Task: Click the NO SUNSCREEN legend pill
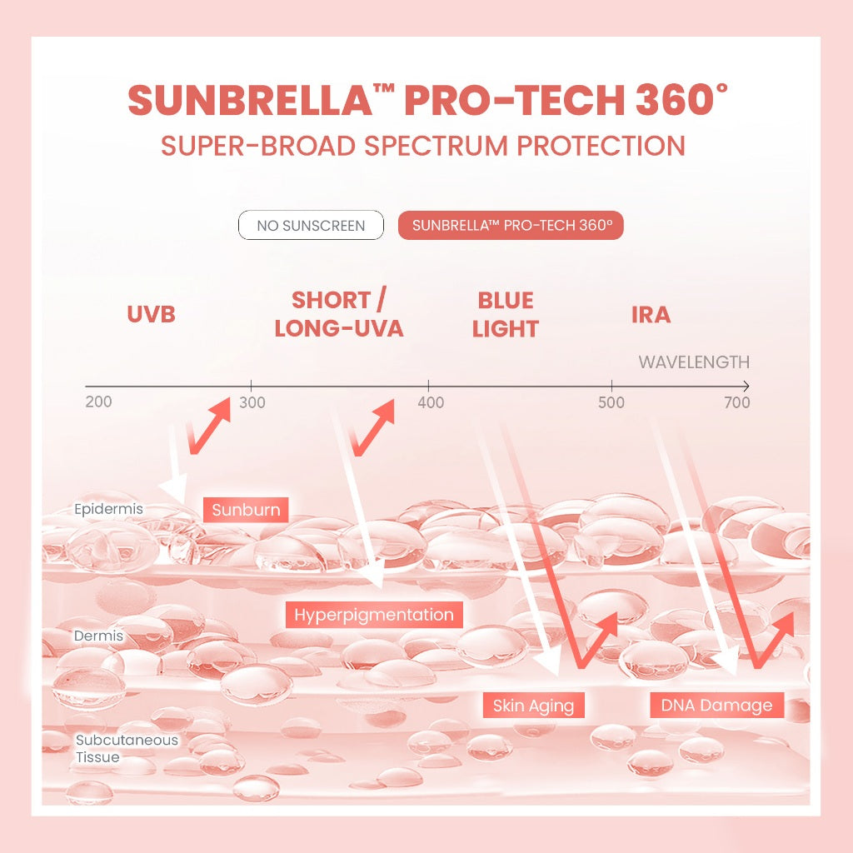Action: coord(311,226)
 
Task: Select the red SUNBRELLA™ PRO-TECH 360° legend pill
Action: coord(511,226)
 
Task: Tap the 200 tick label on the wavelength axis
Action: coord(98,402)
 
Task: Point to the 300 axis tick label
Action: coord(252,403)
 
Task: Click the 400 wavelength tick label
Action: coord(431,403)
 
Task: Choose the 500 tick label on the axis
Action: coord(611,403)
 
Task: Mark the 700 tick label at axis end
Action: coord(737,403)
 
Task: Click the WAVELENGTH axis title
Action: coord(694,362)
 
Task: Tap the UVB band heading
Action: coord(151,315)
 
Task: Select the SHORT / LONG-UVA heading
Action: coord(338,314)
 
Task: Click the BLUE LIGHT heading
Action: coord(506,314)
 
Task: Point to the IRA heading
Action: coord(651,315)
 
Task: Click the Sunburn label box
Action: coord(246,510)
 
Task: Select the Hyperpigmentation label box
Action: coord(374,616)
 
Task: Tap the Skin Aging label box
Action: coord(533,706)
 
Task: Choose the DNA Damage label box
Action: coord(716,706)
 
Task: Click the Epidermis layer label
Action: coord(108,509)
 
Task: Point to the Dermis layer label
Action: coord(98,636)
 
